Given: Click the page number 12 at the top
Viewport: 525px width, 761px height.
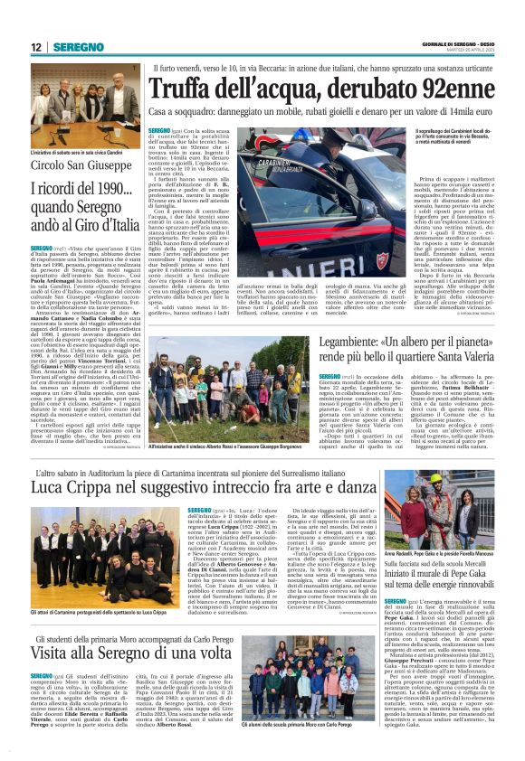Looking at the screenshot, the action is (x=36, y=46).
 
